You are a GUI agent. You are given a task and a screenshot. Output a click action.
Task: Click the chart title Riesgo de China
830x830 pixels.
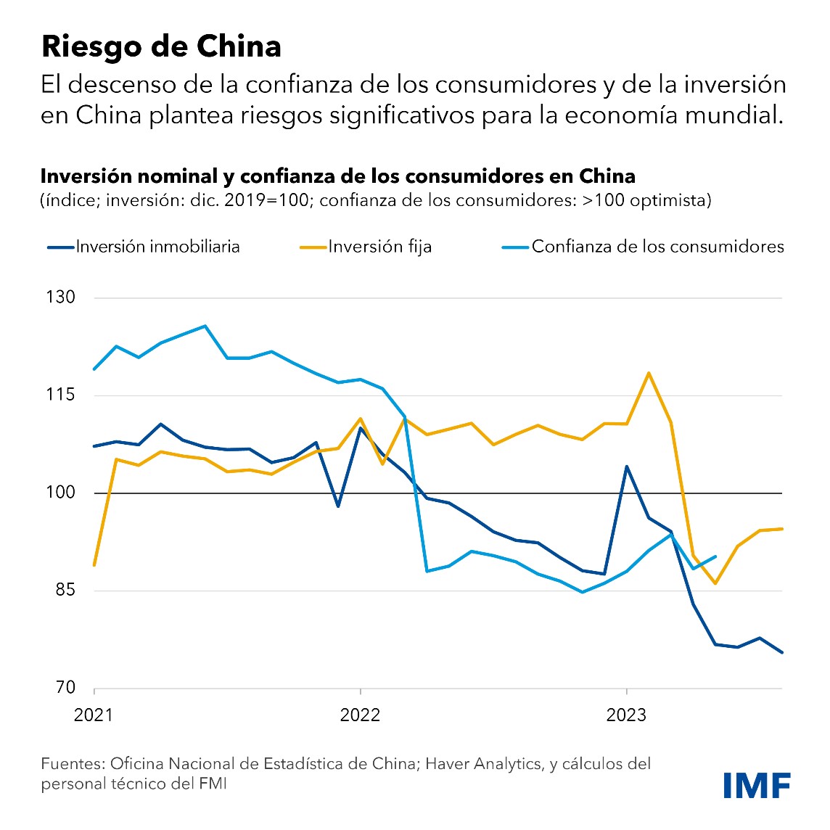click(161, 46)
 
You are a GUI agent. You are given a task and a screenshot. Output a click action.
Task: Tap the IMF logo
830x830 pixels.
click(757, 786)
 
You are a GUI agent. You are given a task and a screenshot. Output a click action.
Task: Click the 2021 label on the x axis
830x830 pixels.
click(94, 715)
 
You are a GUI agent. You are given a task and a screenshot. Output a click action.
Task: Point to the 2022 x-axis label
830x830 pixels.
click(360, 715)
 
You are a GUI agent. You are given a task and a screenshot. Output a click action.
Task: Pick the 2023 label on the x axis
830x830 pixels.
click(626, 715)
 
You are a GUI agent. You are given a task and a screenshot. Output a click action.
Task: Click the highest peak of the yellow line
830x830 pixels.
click(648, 373)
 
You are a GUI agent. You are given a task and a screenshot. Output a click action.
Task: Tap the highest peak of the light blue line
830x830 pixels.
click(205, 326)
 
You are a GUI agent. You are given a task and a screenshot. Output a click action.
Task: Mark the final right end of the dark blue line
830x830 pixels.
click(782, 652)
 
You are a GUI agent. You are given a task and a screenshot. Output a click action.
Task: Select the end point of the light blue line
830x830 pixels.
click(715, 556)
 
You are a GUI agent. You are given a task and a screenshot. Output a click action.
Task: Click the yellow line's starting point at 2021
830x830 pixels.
click(94, 564)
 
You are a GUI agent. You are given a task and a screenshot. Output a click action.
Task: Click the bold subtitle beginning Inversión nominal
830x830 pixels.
click(337, 176)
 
